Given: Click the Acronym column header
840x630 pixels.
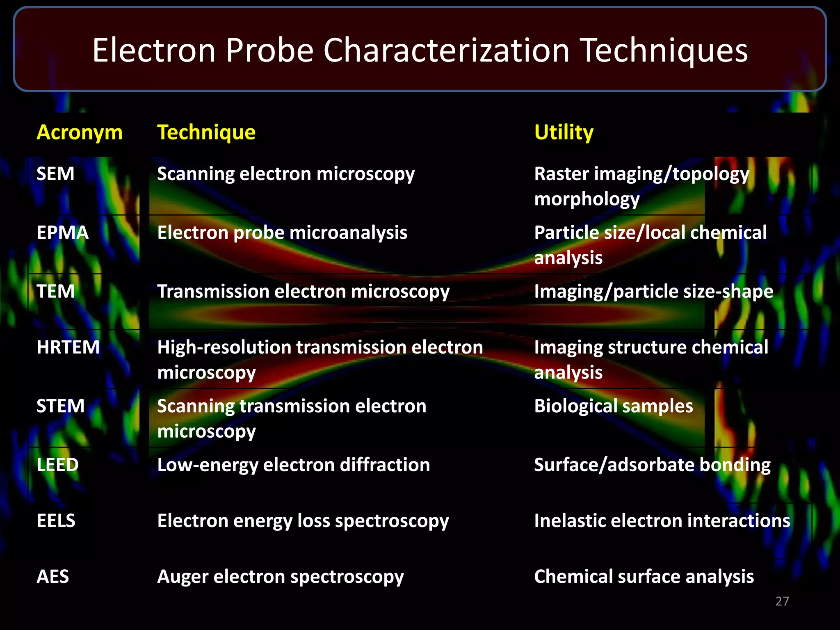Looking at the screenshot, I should tap(80, 132).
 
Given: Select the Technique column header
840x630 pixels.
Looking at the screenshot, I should tap(206, 132).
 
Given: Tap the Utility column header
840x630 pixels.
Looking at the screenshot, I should tap(564, 132).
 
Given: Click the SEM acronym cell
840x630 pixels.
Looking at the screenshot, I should tap(55, 174).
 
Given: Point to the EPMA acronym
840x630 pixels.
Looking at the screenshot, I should tap(62, 233).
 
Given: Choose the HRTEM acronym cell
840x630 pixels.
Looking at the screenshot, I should tap(68, 347).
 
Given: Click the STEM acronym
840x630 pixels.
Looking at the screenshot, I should tap(60, 406).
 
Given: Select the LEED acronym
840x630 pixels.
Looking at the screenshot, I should tap(57, 465).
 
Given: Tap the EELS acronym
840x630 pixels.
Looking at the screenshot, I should tap(56, 521).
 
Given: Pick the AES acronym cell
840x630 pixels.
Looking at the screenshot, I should tap(52, 577).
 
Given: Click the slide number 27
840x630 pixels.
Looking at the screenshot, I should tap(782, 601).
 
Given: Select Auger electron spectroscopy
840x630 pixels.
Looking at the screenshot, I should tap(281, 577).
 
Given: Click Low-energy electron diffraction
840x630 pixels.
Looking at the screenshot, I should tap(294, 465).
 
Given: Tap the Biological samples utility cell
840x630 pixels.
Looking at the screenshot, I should tap(614, 406).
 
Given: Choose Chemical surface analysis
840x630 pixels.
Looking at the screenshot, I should tap(644, 577).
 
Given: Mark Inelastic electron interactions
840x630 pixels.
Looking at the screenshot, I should tap(662, 521).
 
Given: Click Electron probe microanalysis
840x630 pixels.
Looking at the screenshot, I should tap(282, 233).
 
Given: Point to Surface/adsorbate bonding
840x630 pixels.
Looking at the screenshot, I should tap(652, 465).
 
